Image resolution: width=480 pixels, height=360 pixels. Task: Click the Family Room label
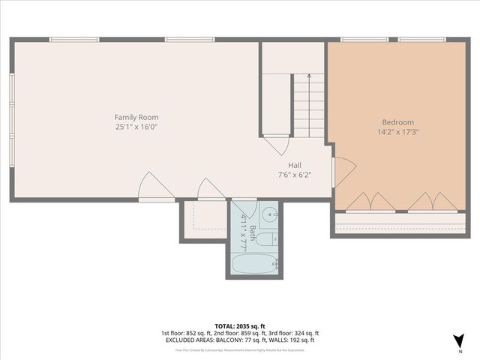(136, 117)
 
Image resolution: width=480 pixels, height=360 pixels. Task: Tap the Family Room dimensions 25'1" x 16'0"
(136, 127)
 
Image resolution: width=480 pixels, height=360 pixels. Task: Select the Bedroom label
(397, 122)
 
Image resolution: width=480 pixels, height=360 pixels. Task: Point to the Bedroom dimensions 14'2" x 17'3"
(397, 132)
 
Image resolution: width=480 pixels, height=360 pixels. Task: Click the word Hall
(295, 165)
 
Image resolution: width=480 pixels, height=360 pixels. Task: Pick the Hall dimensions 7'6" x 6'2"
(295, 175)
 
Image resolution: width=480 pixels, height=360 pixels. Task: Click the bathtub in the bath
(254, 264)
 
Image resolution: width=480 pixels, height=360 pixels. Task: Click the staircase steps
(308, 105)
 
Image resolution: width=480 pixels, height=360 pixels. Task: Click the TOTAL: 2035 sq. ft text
(239, 326)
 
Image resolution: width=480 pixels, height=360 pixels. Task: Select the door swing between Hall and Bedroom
(343, 172)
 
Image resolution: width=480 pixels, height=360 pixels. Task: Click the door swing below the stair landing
(276, 143)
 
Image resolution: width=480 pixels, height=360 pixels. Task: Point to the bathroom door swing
(246, 208)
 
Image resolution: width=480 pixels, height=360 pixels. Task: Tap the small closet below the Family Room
(204, 220)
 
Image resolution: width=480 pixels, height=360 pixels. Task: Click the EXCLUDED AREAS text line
(239, 340)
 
